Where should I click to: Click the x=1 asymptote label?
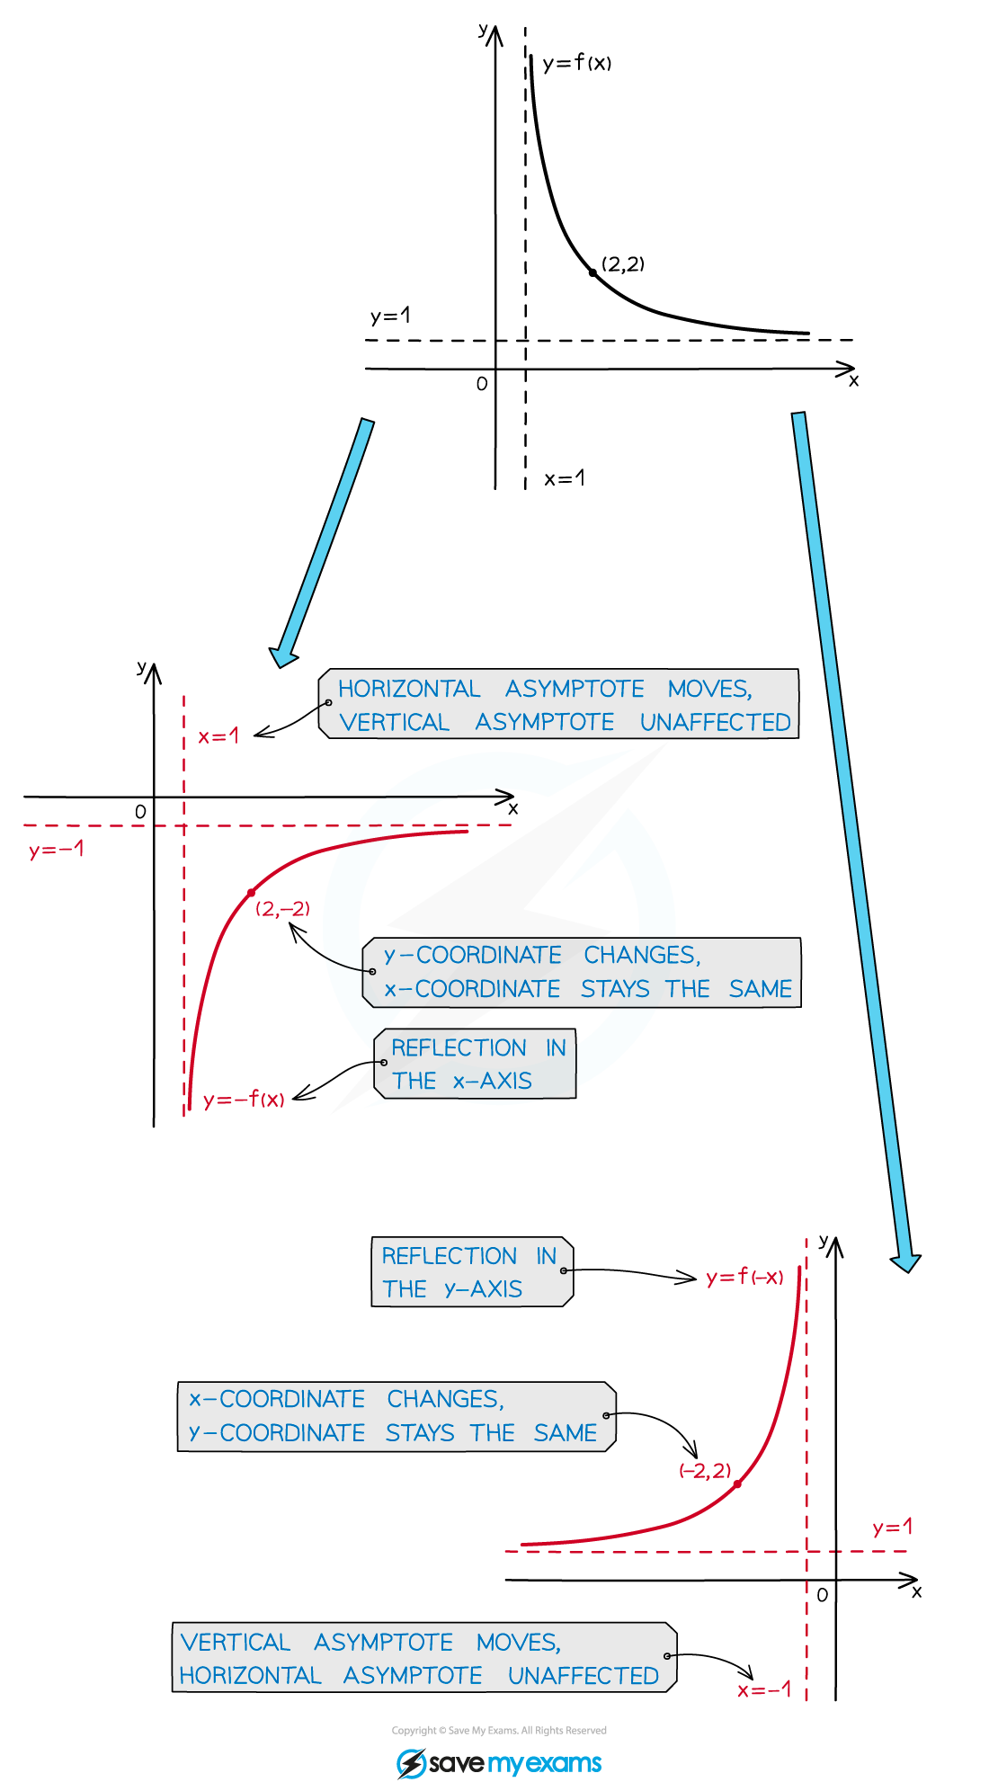[x=218, y=736]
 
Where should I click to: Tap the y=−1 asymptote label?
[x=56, y=850]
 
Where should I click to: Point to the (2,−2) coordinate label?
[x=282, y=909]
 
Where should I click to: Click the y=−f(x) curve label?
[x=244, y=1100]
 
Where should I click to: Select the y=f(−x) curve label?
[x=744, y=1278]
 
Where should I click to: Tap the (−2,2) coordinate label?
[x=705, y=1471]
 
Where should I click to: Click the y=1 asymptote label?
[x=892, y=1527]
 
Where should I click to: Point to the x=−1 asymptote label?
[x=764, y=1690]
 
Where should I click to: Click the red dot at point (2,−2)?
[x=252, y=892]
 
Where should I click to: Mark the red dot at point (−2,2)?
[x=737, y=1484]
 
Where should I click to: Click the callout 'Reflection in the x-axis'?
[x=475, y=1064]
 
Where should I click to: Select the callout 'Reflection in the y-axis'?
[x=471, y=1272]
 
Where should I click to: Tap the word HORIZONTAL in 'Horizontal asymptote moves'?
[x=409, y=690]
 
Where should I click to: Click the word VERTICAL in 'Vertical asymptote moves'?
[x=236, y=1643]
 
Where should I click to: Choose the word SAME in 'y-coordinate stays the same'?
[x=565, y=1433]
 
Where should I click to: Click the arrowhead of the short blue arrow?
[x=283, y=657]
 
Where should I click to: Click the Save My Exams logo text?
[x=514, y=1763]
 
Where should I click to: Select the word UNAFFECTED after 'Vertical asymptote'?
[x=715, y=723]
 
